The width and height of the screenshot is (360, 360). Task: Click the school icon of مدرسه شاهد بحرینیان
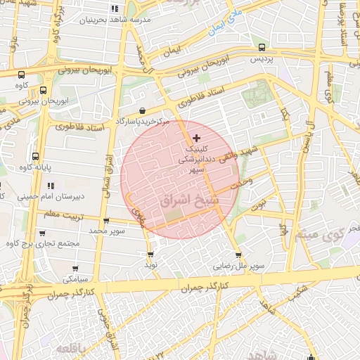114,9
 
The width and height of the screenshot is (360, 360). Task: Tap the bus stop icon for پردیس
262,48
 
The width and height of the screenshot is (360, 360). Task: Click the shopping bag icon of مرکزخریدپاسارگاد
143,110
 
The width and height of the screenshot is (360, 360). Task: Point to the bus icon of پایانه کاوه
36,156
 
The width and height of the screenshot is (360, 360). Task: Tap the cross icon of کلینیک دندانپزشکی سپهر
196,136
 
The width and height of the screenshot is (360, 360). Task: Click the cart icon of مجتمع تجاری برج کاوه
43,233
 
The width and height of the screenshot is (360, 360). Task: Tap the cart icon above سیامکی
76,268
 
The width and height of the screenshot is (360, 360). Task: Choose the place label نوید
151,265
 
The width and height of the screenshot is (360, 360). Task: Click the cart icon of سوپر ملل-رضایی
238,255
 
